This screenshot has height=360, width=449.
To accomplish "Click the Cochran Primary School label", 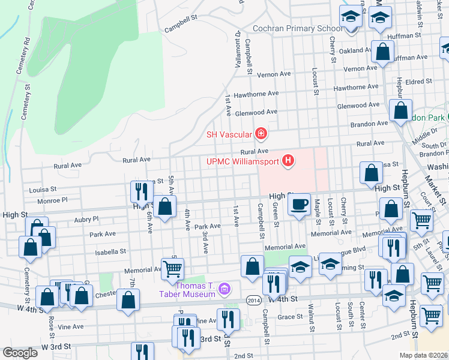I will pyautogui.click(x=298, y=28).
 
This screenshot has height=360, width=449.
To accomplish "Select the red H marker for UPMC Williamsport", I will pyautogui.click(x=289, y=161).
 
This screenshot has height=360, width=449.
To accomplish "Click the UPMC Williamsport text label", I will pyautogui.click(x=243, y=161).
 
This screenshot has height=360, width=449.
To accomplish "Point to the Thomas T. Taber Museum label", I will pyautogui.click(x=187, y=289).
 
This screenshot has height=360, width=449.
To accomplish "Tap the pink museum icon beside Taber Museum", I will pyautogui.click(x=225, y=290).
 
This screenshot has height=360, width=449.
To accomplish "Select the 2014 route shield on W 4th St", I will pyautogui.click(x=253, y=299).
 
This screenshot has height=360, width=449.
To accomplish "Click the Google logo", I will pyautogui.click(x=20, y=352).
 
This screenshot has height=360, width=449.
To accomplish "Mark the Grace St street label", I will pyautogui.click(x=289, y=316).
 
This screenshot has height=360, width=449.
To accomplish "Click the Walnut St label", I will pyautogui.click(x=312, y=320).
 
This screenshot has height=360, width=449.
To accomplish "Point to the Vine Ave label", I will pyautogui.click(x=70, y=326).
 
